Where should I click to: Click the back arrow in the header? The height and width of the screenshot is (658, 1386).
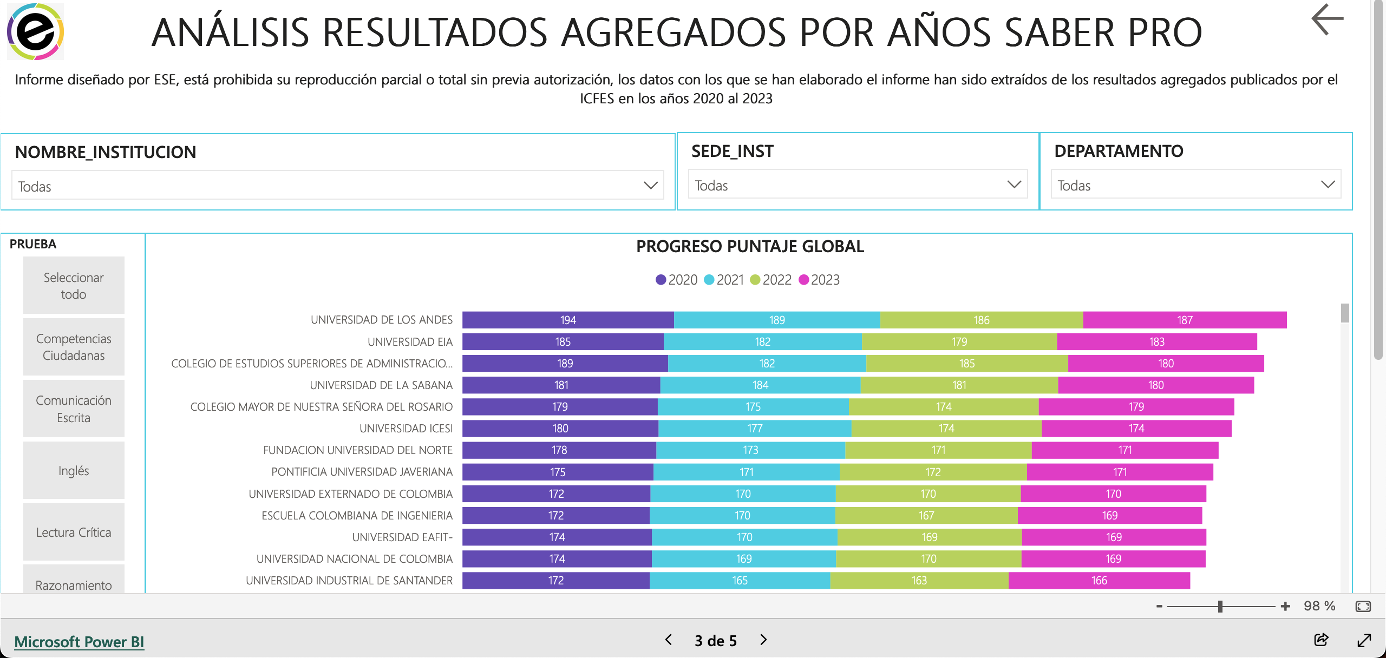point(1327,19)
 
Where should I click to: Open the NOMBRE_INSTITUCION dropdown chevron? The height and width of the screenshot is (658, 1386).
point(650,186)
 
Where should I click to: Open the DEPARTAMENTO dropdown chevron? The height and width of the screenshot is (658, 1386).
point(1328,185)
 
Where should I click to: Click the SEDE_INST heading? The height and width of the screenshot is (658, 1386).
point(732,152)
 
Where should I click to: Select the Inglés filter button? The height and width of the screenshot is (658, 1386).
point(74,471)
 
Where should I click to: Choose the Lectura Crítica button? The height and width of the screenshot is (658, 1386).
point(74,532)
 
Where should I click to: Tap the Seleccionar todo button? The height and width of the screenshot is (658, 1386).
point(74,286)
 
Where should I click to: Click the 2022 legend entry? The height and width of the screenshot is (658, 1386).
point(771,280)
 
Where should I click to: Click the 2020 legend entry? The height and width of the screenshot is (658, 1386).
point(677,280)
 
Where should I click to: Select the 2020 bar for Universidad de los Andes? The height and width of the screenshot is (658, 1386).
point(568,320)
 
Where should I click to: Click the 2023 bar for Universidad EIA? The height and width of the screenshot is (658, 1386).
point(1156,342)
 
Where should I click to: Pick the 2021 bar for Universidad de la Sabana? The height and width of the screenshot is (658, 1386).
point(760,385)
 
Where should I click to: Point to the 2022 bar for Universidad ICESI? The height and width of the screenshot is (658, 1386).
point(946,429)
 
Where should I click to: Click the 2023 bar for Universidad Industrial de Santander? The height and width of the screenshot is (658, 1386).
point(1099,581)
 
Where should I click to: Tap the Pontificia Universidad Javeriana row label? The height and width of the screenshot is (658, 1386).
point(362,472)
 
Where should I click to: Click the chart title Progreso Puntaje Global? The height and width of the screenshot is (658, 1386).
point(750,247)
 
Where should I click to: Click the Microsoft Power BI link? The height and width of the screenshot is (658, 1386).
point(79,642)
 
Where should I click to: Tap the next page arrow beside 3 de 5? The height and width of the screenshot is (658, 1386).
point(763,640)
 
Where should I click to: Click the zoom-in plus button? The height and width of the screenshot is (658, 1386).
point(1285,607)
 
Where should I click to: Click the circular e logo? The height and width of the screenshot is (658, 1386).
point(35,31)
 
